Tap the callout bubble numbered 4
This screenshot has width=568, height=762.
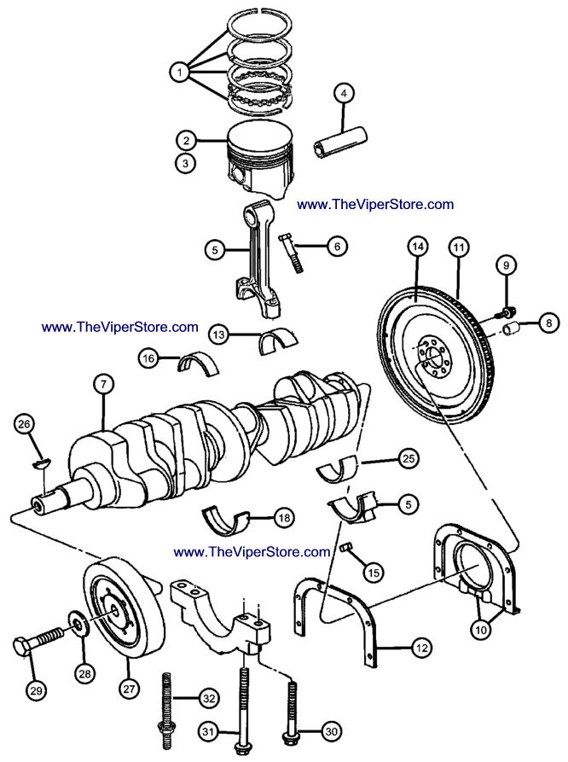[345, 94]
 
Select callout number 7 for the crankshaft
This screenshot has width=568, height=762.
[102, 386]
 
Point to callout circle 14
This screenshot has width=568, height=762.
[417, 247]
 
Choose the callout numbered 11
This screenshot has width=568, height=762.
[459, 247]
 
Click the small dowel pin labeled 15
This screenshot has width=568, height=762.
[347, 547]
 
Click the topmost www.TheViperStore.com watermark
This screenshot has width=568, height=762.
[375, 204]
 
